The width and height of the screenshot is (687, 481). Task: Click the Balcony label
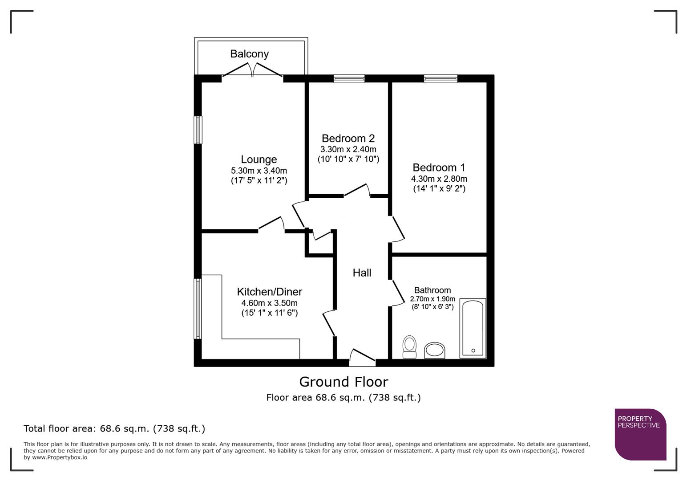tap(249, 54)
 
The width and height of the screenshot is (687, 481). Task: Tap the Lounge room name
tap(259, 159)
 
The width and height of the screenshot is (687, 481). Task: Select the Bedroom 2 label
tap(348, 138)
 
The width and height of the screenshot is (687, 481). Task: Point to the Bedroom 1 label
tap(439, 167)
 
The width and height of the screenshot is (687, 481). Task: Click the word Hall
tap(362, 273)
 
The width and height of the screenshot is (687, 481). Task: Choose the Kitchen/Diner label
tap(269, 292)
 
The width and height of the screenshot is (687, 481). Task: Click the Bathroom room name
tap(432, 290)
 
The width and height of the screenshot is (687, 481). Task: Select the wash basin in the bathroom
tap(434, 350)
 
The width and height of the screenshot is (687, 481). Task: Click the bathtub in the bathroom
tap(473, 328)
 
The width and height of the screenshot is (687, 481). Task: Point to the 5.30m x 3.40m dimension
tap(259, 171)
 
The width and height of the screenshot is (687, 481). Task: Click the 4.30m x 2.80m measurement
tap(439, 179)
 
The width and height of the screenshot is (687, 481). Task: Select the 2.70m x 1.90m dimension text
tap(432, 299)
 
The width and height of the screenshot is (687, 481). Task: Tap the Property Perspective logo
tap(640, 434)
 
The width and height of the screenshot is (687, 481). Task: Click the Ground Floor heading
tap(343, 382)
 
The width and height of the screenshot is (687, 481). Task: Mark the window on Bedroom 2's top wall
tap(349, 79)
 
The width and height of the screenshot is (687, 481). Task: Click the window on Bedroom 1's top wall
tap(440, 79)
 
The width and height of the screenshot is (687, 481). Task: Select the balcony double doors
tap(252, 71)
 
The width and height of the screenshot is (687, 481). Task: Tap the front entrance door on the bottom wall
tap(362, 358)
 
